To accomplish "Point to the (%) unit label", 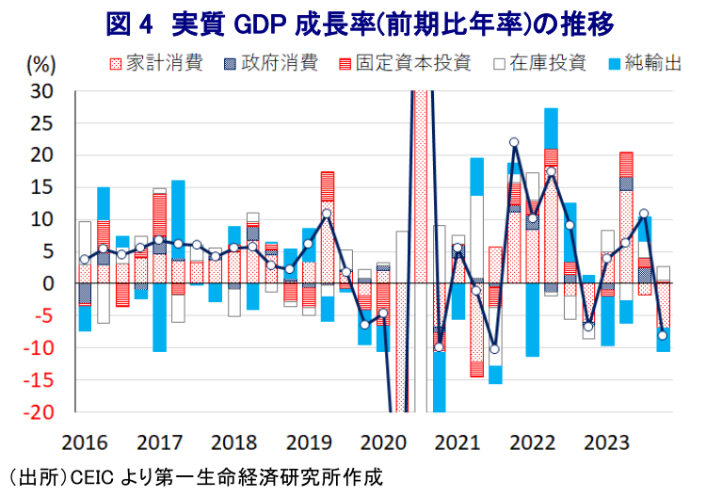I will point(41,64).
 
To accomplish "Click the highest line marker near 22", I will point(514,142).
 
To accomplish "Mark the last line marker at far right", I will point(663,335).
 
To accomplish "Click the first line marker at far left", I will point(85,259).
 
